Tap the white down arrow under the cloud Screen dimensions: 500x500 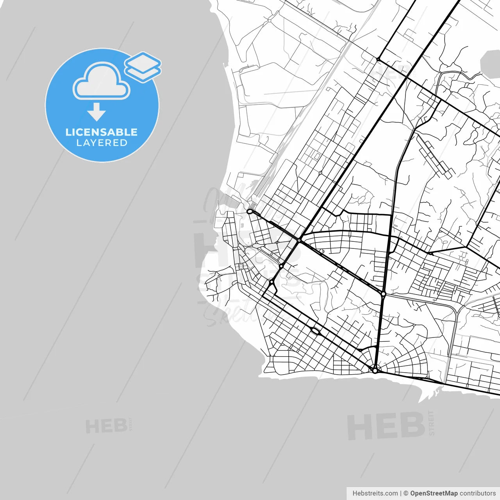pyautogui.click(x=96, y=112)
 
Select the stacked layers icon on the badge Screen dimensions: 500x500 pyautogui.click(x=143, y=67)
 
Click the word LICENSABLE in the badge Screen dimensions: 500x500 pyautogui.click(x=102, y=132)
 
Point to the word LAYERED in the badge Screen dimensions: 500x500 pyautogui.click(x=102, y=143)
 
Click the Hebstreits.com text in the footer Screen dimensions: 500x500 pyautogui.click(x=375, y=493)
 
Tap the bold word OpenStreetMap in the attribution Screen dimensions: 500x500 pyautogui.click(x=434, y=493)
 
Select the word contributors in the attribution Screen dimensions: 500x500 pyautogui.click(x=478, y=493)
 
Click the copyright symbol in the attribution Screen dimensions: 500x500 pyautogui.click(x=406, y=493)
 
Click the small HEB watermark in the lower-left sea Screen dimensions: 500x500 pyautogui.click(x=106, y=426)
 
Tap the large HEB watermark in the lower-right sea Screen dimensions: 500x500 pyautogui.click(x=386, y=427)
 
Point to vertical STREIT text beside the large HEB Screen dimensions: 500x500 pyautogui.click(x=431, y=423)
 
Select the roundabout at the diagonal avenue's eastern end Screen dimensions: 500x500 pyautogui.click(x=384, y=294)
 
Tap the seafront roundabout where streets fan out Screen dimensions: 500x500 pyautogui.click(x=375, y=370)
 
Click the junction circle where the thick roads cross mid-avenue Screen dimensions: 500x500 pyautogui.click(x=299, y=240)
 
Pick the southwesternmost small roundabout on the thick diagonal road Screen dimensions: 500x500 pyautogui.click(x=271, y=281)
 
